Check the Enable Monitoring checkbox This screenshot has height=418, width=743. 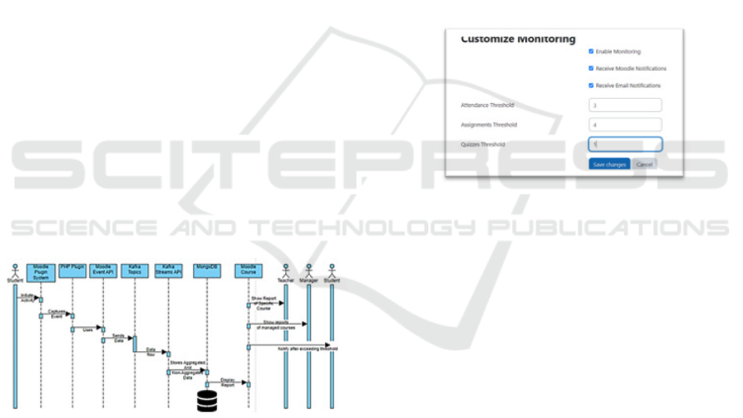click(590, 51)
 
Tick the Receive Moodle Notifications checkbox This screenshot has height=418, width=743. click(590, 68)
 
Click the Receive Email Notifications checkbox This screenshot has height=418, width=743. click(590, 85)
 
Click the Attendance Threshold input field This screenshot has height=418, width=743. click(625, 106)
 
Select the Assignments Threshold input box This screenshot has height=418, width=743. click(625, 124)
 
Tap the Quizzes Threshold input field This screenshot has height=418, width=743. click(625, 144)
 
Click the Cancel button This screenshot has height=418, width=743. click(645, 164)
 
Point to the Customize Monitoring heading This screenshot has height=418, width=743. click(518, 39)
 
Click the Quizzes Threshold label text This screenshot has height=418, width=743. click(483, 144)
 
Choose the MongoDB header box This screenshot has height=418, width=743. click(206, 268)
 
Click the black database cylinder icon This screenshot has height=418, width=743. click(206, 400)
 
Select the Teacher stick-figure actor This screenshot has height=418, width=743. click(285, 271)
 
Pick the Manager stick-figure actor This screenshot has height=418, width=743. click(308, 271)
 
